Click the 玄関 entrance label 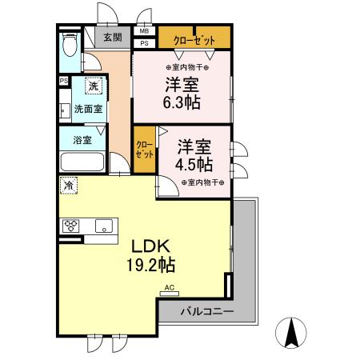[x=112, y=37]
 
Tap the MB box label [x=145, y=32]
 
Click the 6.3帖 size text [x=182, y=103]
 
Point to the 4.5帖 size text [x=194, y=165]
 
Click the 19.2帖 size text [x=150, y=264]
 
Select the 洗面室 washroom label [x=88, y=109]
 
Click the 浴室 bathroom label [x=82, y=140]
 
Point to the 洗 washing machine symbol [x=94, y=86]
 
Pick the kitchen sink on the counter [x=105, y=225]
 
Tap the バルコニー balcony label [x=206, y=310]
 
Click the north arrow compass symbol [x=292, y=331]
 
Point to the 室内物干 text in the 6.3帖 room [x=182, y=66]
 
